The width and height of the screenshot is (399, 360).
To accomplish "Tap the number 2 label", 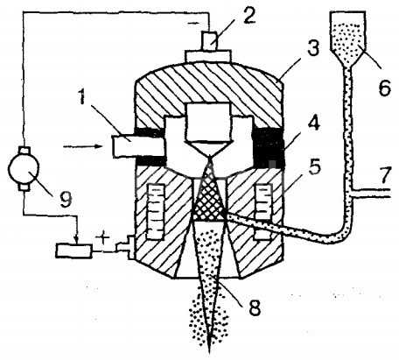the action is [x=248, y=16].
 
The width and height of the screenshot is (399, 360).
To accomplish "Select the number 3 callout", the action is [x=313, y=49].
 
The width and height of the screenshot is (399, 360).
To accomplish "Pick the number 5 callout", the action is [x=313, y=167].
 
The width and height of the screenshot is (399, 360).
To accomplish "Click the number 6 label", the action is [x=384, y=88].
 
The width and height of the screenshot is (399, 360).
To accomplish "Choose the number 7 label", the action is [x=386, y=175].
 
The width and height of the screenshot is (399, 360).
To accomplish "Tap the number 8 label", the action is [x=254, y=307].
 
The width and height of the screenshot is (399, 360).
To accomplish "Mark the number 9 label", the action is [x=65, y=200].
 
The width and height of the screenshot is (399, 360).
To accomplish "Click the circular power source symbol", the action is [x=24, y=169].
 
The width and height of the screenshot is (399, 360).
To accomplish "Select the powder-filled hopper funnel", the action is [x=347, y=38].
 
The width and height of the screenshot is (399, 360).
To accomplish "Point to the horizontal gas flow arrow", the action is [x=83, y=145].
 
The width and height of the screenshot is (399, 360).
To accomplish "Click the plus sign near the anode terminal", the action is [x=102, y=239].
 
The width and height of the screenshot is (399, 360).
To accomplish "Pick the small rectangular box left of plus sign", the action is [x=74, y=251].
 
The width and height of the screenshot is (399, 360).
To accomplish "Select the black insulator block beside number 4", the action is [x=268, y=148].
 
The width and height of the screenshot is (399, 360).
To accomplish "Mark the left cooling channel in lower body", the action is [x=155, y=211].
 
